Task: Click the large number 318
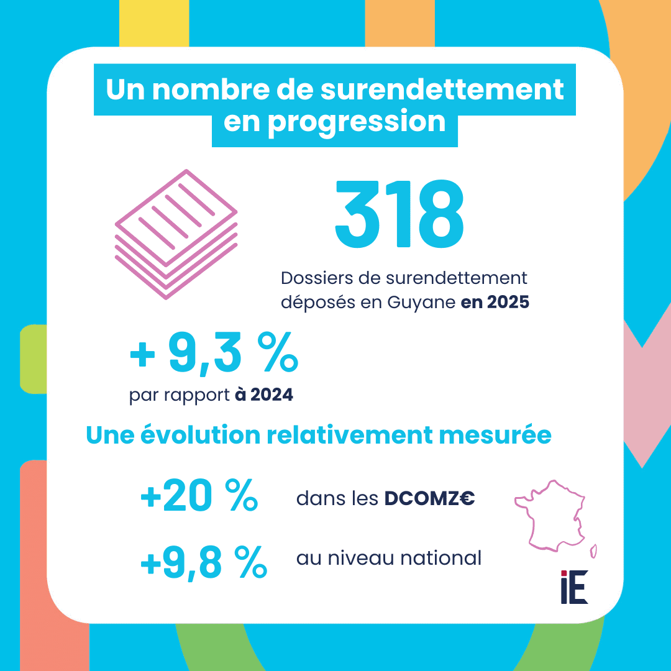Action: click(399, 214)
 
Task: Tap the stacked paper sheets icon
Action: click(176, 234)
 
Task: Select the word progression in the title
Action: click(356, 121)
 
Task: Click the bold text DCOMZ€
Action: click(430, 498)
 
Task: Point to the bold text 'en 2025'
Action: click(495, 303)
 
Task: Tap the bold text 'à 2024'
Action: click(264, 395)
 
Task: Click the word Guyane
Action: click(422, 303)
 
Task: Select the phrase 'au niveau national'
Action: click(389, 558)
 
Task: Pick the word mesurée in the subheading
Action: click(501, 436)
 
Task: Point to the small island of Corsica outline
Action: click(593, 550)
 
